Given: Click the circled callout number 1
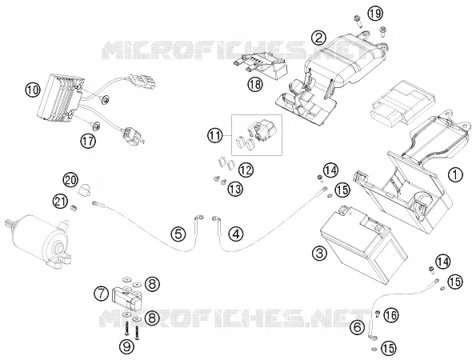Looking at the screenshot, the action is [x=456, y=175].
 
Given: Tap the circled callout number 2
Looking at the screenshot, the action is [x=318, y=38].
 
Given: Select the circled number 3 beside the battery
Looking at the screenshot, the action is [x=320, y=253].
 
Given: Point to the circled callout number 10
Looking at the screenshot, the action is [x=33, y=90].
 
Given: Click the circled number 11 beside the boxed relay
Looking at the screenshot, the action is [x=215, y=135].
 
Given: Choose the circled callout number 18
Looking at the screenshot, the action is [x=255, y=84].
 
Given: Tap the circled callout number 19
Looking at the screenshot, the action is [x=375, y=14].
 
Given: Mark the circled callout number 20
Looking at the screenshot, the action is [x=70, y=180].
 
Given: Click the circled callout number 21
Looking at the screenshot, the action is [x=61, y=202].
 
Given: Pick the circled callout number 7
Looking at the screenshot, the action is [x=101, y=294].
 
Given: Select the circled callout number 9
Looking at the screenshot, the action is [x=127, y=346].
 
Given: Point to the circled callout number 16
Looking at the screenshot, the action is [x=391, y=315].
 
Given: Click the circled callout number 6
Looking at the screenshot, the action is [x=358, y=327].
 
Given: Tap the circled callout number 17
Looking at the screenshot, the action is [x=88, y=141].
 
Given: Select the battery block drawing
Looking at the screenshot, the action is [x=362, y=243].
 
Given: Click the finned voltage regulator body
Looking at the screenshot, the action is [x=60, y=97].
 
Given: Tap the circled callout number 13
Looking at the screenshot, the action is [x=235, y=189].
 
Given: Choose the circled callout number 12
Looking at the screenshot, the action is [x=246, y=170].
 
